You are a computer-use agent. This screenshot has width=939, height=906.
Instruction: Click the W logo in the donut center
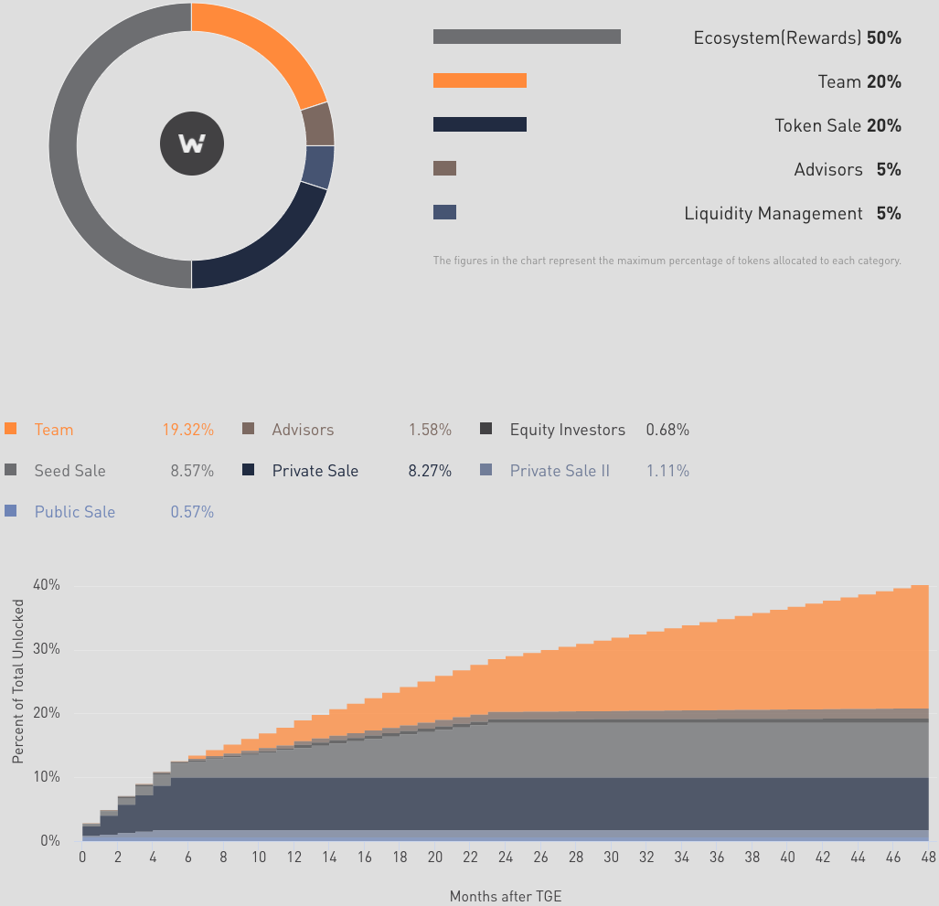point(192,144)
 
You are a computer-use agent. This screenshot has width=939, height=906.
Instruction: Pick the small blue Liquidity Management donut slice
point(319,166)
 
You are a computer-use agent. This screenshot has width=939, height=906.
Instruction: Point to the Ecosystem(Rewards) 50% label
point(797,38)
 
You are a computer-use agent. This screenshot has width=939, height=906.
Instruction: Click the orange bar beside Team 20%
point(480,80)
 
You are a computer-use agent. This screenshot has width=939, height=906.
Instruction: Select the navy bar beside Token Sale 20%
point(480,124)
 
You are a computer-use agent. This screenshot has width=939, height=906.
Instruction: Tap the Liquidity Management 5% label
point(792,214)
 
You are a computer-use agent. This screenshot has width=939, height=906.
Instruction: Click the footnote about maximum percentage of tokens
point(667,261)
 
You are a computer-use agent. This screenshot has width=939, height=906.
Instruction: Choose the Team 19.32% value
point(188,430)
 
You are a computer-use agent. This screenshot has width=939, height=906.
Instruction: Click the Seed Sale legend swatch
point(11,471)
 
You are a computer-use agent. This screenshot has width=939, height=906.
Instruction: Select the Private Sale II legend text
point(560,472)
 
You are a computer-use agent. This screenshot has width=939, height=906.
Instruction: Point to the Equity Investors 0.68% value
point(667,430)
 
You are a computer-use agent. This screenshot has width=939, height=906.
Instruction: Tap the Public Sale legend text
point(75,512)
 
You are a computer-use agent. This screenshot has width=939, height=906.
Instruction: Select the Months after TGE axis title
point(506,896)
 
